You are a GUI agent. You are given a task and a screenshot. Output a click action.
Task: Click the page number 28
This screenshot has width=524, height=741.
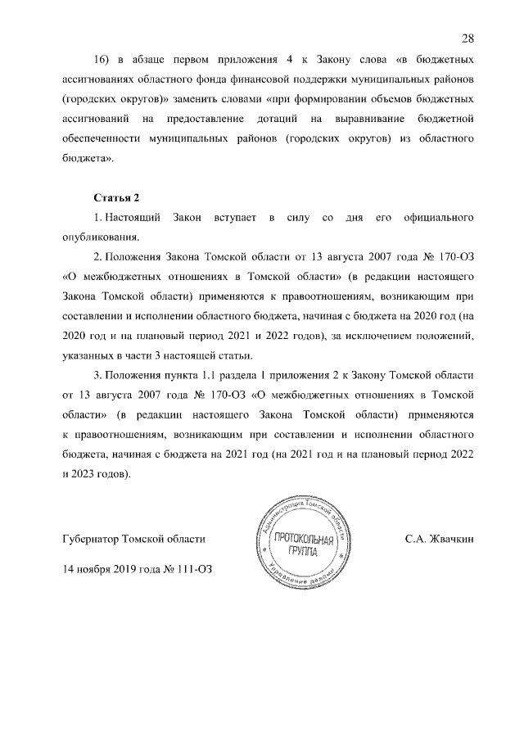coord(468,38)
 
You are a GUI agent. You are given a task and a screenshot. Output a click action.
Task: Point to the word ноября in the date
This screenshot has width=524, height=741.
coord(97,568)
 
